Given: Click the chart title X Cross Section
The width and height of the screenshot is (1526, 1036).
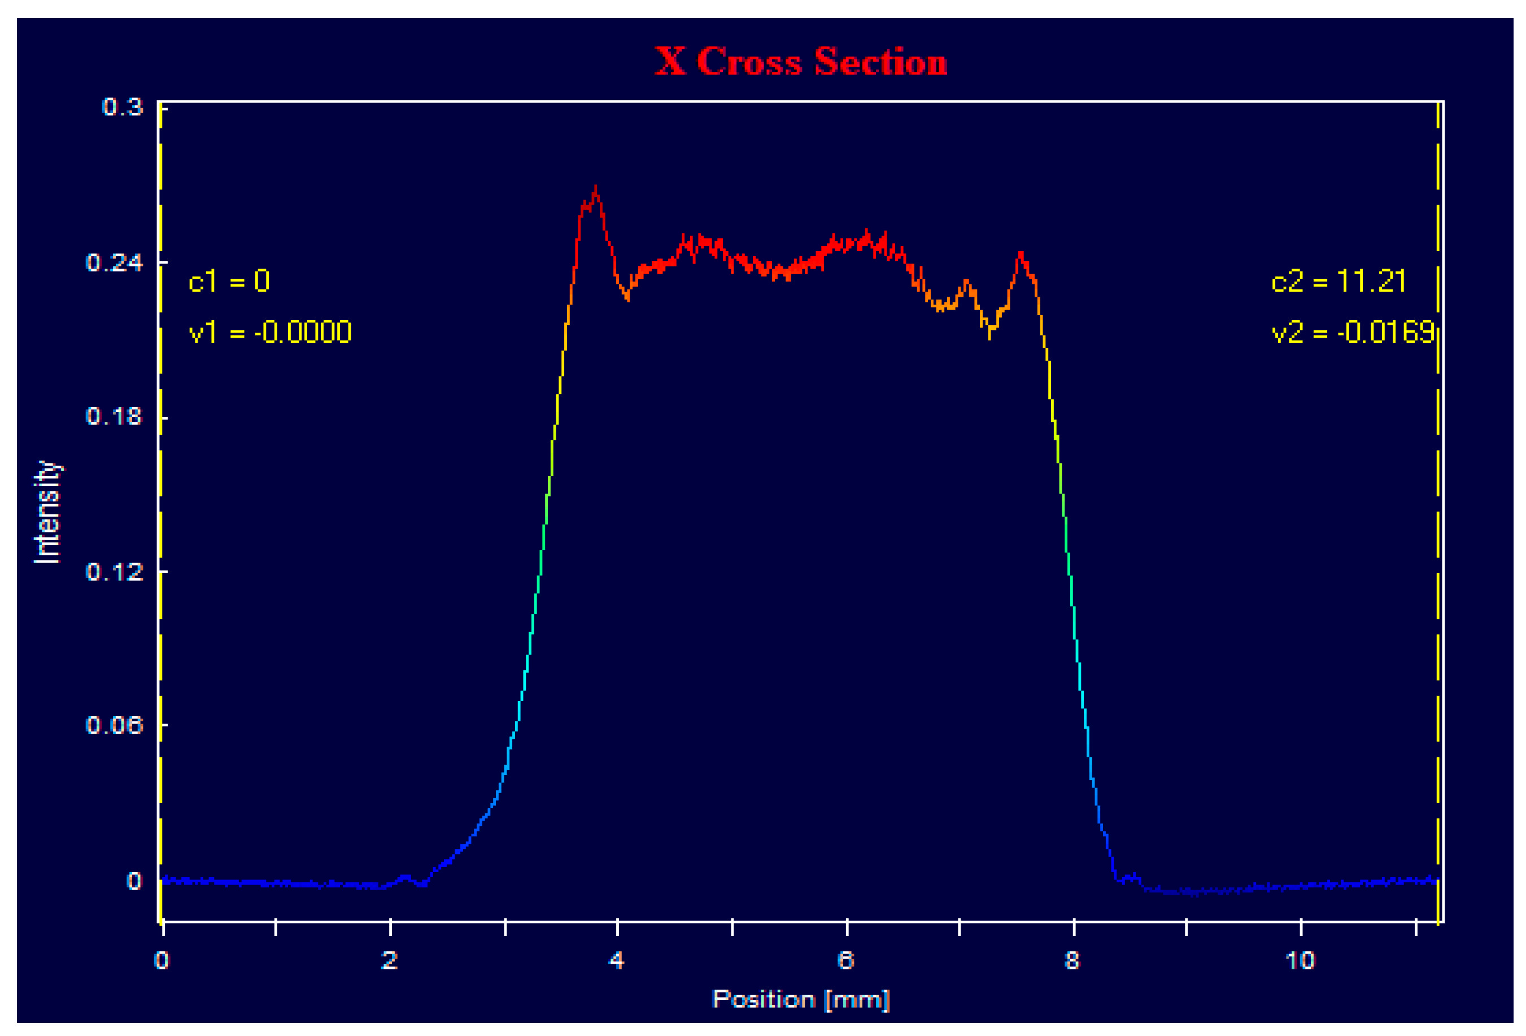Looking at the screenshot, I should click(800, 62).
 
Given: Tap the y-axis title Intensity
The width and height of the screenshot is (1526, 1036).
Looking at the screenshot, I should click(47, 512).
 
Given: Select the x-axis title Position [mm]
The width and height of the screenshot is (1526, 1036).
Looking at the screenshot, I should click(800, 999).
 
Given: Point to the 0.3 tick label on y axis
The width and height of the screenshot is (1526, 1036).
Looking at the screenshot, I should click(123, 106).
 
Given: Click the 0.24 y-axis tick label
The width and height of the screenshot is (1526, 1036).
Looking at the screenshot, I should click(114, 262).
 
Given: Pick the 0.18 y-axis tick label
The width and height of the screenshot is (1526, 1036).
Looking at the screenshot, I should click(114, 417).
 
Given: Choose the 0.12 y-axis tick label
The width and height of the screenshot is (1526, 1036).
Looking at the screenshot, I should click(114, 571).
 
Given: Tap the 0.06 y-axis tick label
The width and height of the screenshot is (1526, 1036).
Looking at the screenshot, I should click(114, 725).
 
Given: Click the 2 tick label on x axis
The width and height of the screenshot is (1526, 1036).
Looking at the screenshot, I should click(389, 960).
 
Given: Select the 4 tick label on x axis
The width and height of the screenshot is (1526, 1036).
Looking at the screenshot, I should click(617, 960).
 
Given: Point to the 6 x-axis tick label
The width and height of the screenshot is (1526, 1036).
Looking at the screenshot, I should click(845, 960).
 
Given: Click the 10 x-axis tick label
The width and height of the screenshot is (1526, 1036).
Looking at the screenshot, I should click(1300, 960).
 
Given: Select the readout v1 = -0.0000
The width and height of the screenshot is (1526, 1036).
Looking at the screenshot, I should click(270, 332).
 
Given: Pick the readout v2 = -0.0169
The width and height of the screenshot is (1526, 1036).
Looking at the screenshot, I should click(1353, 332).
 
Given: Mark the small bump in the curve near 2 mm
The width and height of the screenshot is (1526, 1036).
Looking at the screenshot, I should click(405, 877).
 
